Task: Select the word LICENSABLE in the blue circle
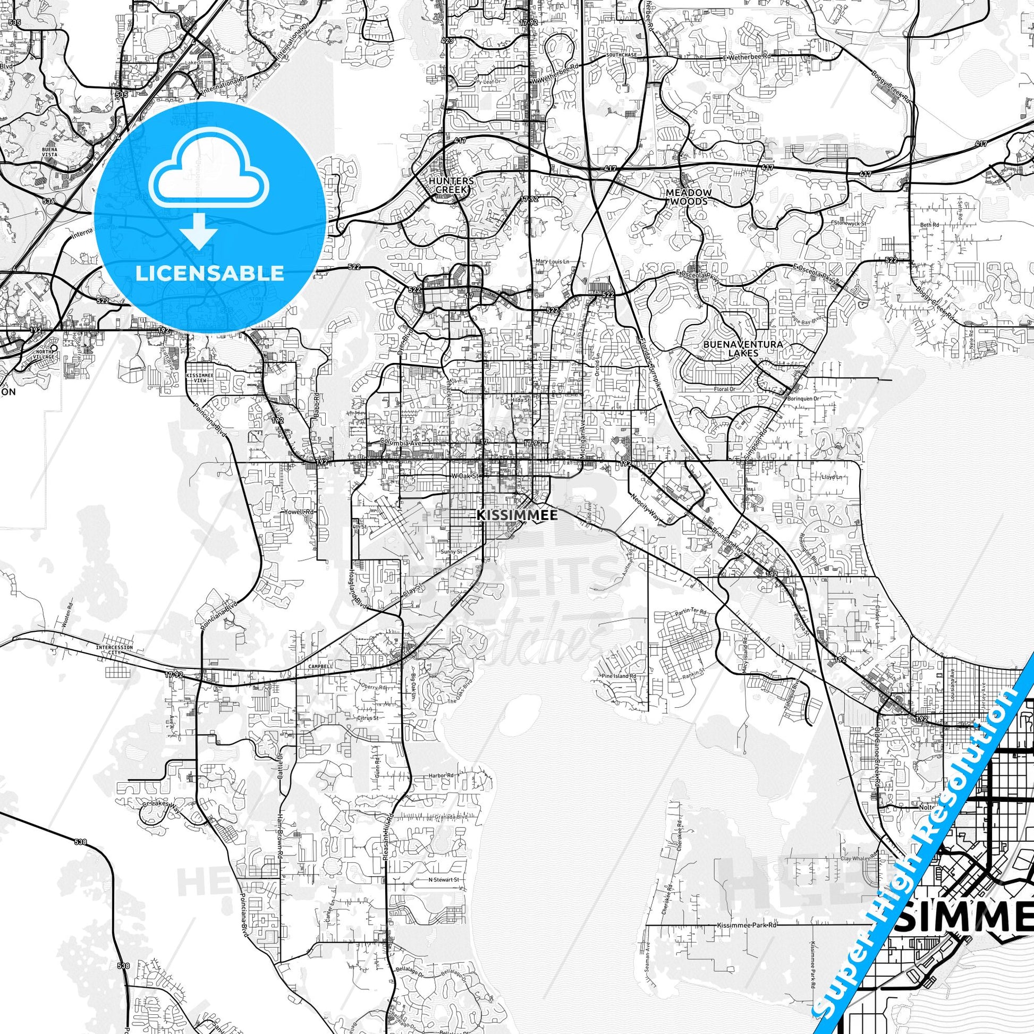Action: (x=210, y=274)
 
